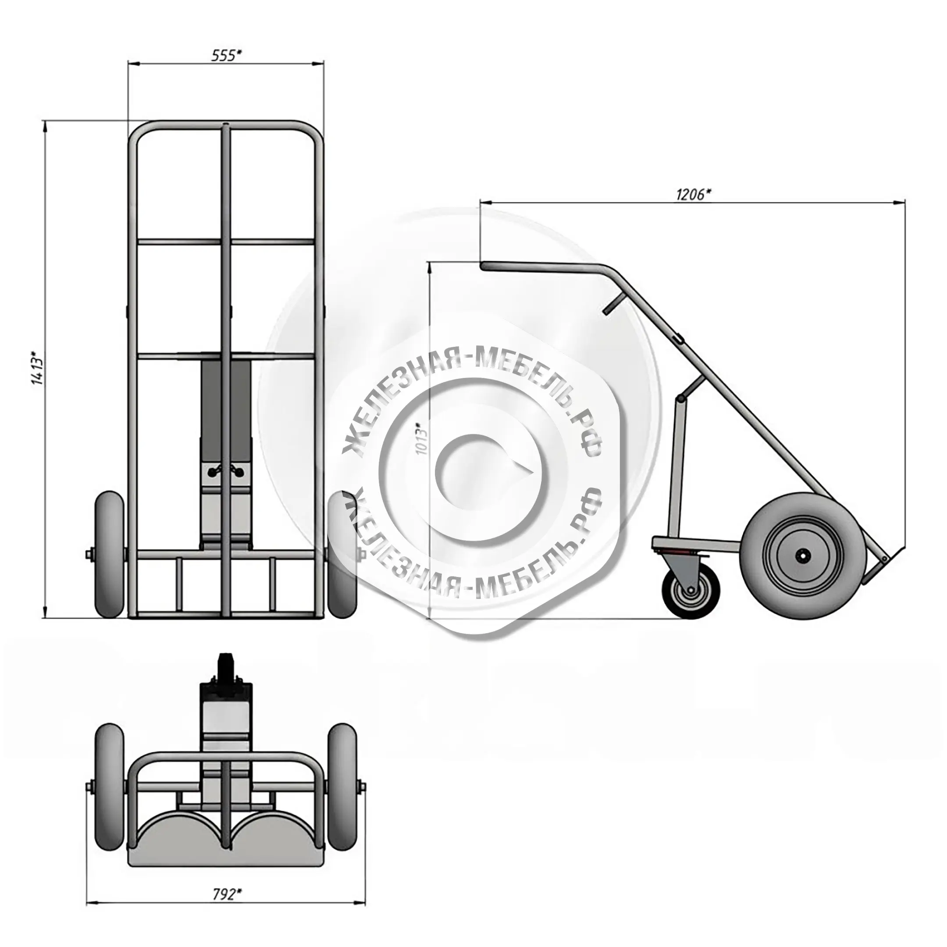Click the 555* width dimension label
pyautogui.click(x=226, y=55)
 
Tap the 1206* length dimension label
pyautogui.click(x=694, y=194)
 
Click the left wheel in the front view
pyautogui.click(x=109, y=554)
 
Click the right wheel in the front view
pyautogui.click(x=342, y=554)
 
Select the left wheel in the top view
pyautogui.click(x=109, y=787)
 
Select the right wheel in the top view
pyautogui.click(x=343, y=787)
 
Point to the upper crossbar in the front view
pyautogui.click(x=226, y=242)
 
